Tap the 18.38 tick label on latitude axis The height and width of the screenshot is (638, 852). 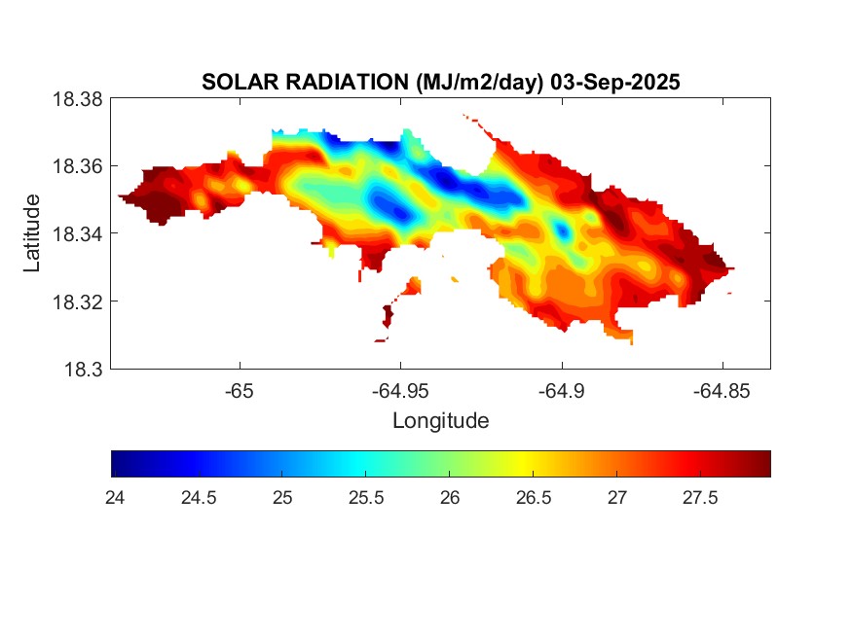pos(77,99)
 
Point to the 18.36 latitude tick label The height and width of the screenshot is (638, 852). pos(77,166)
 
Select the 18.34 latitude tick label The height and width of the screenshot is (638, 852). pos(77,233)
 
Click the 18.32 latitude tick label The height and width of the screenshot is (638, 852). pos(77,301)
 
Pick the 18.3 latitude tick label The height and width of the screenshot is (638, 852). pos(82,369)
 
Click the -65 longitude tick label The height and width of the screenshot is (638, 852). pos(240,390)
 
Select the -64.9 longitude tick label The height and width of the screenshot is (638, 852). pos(561,390)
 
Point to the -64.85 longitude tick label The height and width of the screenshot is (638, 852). pos(722,390)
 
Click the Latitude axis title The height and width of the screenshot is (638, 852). pos(33,233)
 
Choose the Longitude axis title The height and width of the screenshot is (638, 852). pos(440,421)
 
